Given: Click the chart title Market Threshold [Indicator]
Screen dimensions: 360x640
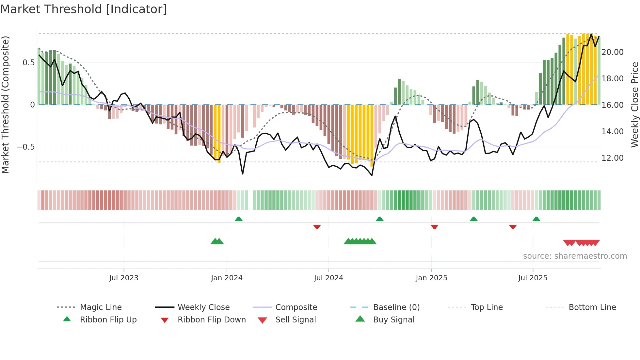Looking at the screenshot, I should [x=84, y=9].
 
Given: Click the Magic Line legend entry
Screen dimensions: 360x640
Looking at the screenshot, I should [x=101, y=307].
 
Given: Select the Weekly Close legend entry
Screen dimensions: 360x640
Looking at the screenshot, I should [x=203, y=307].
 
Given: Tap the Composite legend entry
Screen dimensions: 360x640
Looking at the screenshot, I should [x=296, y=307].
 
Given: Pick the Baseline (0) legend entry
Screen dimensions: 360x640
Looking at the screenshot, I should [x=396, y=307].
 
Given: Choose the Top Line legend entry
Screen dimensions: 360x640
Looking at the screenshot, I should [x=487, y=307].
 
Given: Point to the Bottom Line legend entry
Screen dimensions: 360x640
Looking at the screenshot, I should [x=592, y=307].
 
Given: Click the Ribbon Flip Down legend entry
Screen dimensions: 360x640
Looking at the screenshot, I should [x=211, y=320].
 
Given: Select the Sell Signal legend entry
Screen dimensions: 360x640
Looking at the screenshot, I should [x=295, y=320].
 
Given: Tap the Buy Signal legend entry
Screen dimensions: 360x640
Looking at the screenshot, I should [x=393, y=320].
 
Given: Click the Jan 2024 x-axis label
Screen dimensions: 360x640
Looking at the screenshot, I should [x=227, y=278].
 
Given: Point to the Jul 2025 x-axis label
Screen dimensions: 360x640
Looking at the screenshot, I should [x=533, y=278].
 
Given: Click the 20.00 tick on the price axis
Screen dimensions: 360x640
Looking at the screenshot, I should [x=613, y=52].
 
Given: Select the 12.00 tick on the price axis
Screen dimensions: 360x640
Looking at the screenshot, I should [x=613, y=158].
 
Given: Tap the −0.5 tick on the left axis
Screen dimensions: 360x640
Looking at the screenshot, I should [x=26, y=147].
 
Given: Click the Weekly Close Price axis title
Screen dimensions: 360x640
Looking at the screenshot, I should [x=634, y=105].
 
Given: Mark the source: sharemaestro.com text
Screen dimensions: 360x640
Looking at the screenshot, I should [x=575, y=256].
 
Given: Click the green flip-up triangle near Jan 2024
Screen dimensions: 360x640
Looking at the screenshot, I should [x=239, y=219].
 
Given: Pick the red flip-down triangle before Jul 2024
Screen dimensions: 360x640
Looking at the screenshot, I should [x=317, y=227].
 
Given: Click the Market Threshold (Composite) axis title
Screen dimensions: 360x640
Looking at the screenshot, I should [x=5, y=105].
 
